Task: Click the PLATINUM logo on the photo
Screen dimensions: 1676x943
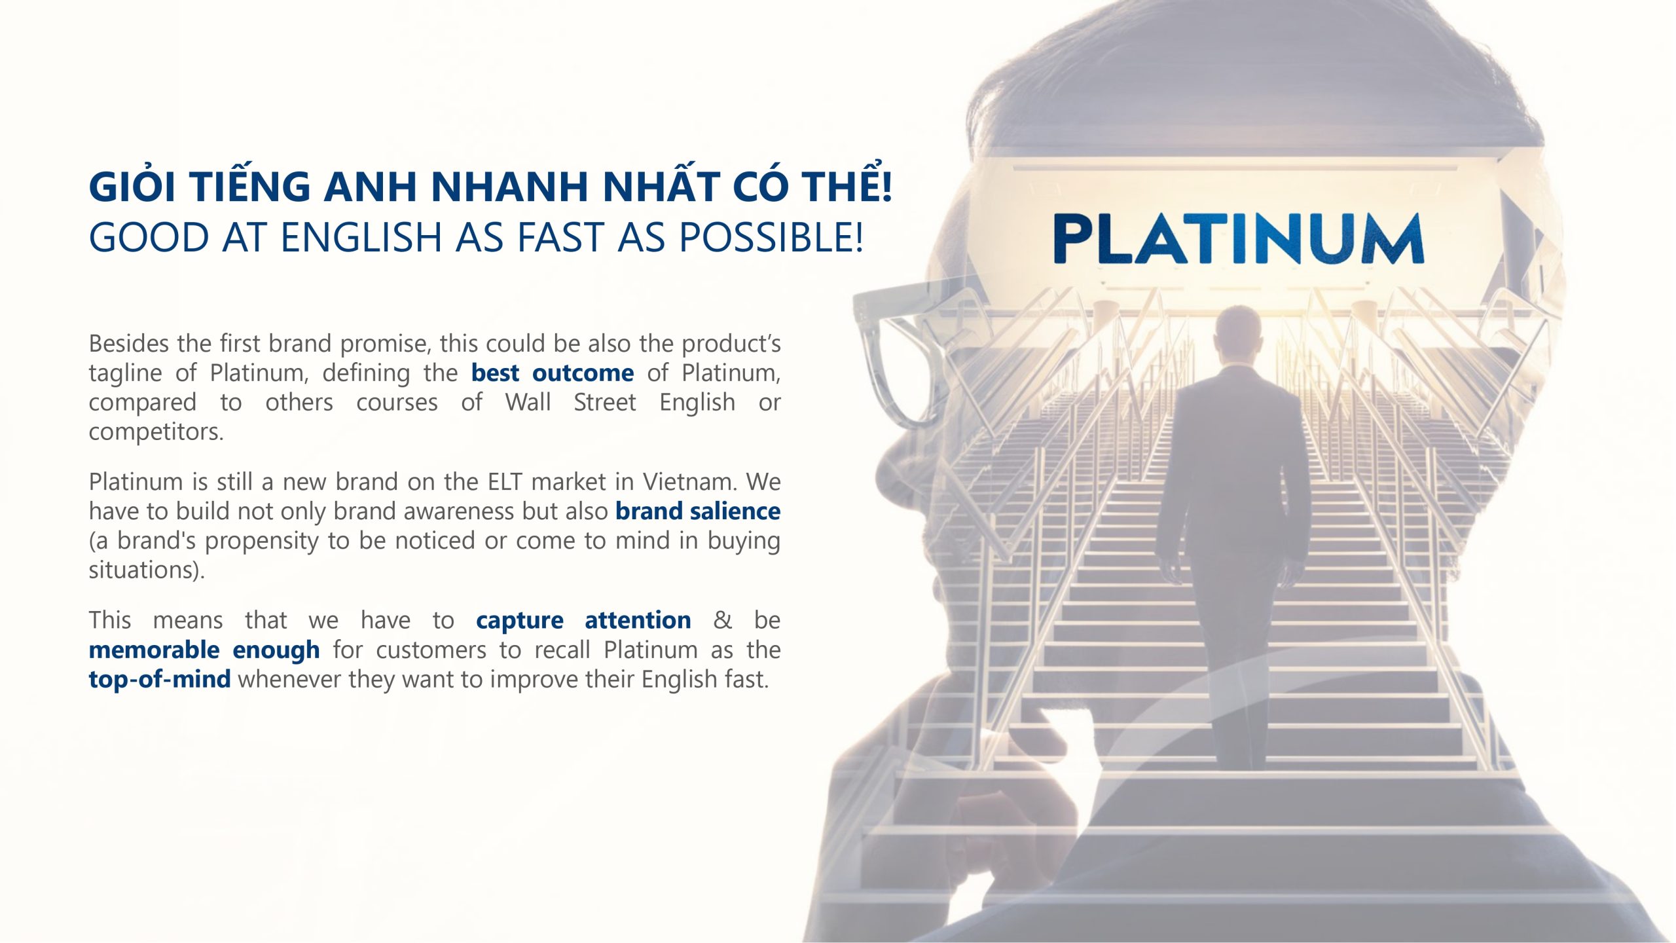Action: coord(1238,238)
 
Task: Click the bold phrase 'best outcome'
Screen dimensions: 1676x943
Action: coord(553,373)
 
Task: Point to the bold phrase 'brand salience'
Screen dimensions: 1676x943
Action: coord(698,511)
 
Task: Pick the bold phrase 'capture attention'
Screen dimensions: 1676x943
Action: coord(583,620)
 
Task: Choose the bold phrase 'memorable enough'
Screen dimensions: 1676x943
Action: coord(204,650)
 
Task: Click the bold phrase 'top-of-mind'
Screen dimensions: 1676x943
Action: coord(160,679)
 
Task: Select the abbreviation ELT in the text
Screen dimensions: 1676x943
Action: coord(505,482)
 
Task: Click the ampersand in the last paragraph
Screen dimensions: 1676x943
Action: coord(722,620)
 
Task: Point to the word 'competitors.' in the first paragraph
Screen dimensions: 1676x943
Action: coord(156,432)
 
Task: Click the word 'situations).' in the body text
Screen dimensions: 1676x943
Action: coord(147,570)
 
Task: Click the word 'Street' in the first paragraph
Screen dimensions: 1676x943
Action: coord(605,403)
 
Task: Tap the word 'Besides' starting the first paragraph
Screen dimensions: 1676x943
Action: coord(129,344)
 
